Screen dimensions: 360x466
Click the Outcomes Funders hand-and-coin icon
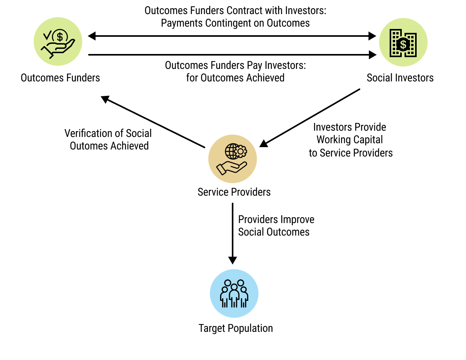[x=58, y=41]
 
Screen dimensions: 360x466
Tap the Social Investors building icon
[x=403, y=42]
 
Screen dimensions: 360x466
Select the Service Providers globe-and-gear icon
[x=232, y=158]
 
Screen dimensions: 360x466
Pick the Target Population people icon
[x=234, y=293]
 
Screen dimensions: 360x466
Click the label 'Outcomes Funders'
[x=60, y=78]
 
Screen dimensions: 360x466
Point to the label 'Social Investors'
[x=400, y=78]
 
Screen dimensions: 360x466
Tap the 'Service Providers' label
[x=234, y=192]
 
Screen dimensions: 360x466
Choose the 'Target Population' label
[x=235, y=328]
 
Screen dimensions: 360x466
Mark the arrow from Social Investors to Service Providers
[x=309, y=118]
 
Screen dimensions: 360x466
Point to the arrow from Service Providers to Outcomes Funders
[x=153, y=122]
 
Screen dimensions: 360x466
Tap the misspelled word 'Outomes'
[x=89, y=146]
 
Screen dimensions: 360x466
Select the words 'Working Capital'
[x=350, y=140]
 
